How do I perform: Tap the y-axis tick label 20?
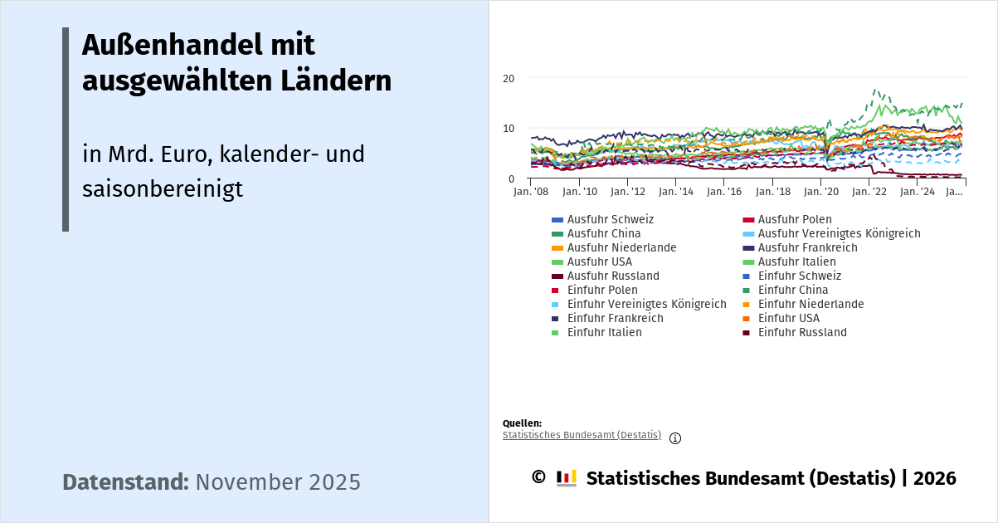[509, 78]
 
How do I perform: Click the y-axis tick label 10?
[509, 129]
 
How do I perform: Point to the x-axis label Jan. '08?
[531, 192]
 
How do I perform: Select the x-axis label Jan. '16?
[723, 192]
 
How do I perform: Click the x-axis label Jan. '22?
[869, 192]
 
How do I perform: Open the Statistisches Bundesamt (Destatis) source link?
[582, 435]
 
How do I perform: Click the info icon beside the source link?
[675, 438]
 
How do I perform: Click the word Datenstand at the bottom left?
[125, 482]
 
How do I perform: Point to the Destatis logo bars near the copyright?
[567, 478]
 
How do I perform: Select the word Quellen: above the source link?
[522, 423]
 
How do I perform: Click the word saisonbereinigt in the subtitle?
[163, 189]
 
